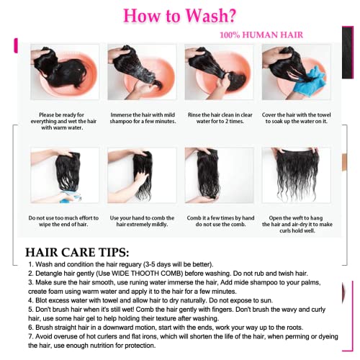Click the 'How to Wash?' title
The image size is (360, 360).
(179, 16)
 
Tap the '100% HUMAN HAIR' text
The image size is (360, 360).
(261, 35)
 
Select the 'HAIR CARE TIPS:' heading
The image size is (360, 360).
(77, 252)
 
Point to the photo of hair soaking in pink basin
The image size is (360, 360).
(65, 72)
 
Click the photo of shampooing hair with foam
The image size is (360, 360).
(142, 72)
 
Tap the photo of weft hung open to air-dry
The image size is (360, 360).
(297, 175)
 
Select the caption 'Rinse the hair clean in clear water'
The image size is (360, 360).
(220, 118)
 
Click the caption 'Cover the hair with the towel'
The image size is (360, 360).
(297, 118)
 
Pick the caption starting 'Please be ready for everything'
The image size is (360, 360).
(63, 121)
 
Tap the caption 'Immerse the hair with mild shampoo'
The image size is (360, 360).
(143, 118)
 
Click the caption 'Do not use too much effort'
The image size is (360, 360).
(63, 221)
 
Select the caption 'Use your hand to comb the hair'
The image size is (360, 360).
(142, 221)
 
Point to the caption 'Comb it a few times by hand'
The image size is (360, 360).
(220, 221)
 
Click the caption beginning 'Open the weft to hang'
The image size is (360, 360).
(297, 224)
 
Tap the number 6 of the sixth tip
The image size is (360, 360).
(30, 328)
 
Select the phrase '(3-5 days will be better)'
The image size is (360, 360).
(179, 264)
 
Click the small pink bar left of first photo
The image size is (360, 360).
(16, 45)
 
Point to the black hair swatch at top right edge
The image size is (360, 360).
(348, 53)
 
